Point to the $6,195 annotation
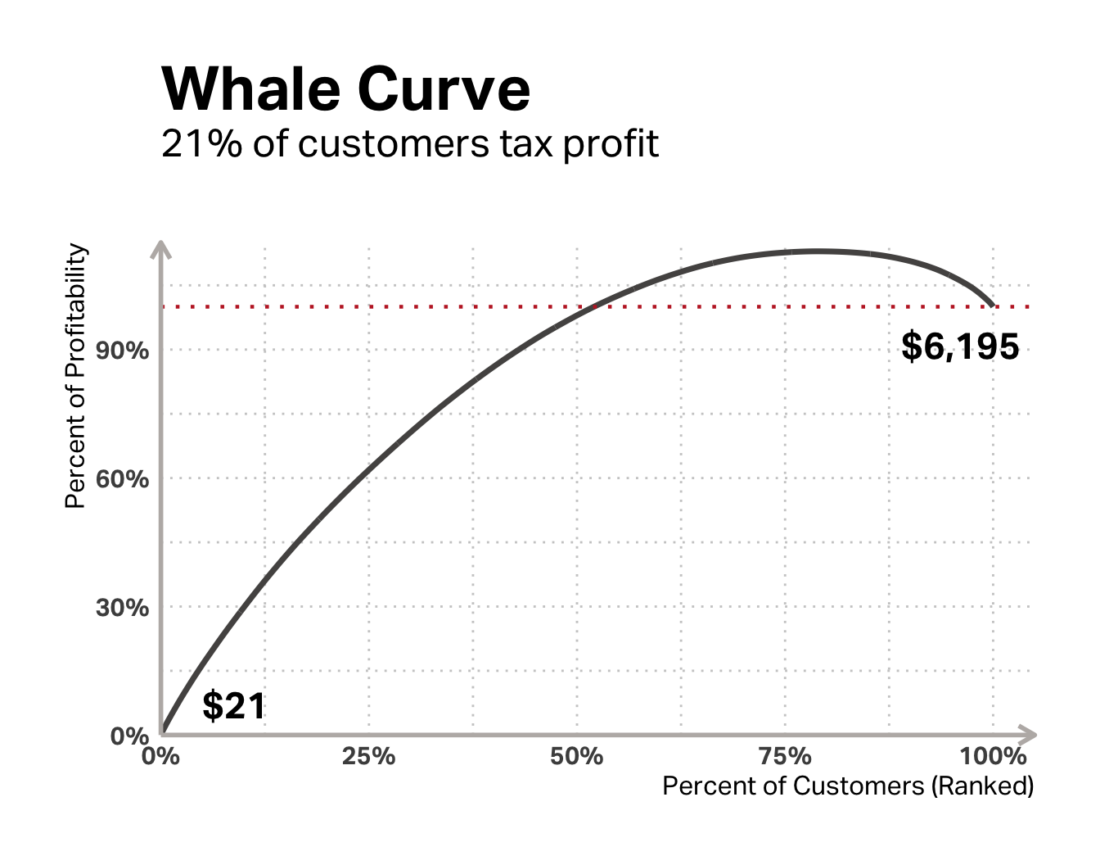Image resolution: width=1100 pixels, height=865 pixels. (960, 346)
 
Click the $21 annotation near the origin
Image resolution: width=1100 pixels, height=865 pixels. (234, 705)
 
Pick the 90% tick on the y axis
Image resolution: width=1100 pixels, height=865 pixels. (123, 351)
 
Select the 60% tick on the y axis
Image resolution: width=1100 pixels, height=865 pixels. (123, 479)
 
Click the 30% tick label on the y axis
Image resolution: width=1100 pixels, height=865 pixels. (123, 608)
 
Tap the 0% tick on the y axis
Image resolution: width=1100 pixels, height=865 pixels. (129, 735)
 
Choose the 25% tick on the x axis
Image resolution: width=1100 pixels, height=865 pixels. (368, 756)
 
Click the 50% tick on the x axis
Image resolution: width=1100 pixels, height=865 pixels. (577, 756)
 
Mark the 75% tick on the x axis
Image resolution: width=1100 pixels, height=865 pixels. (785, 756)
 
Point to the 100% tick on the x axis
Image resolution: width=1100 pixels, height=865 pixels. (993, 756)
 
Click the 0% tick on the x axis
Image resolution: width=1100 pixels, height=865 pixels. (160, 756)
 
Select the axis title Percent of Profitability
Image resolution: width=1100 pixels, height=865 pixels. (75, 376)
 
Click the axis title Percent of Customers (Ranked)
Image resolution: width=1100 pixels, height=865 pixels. (848, 786)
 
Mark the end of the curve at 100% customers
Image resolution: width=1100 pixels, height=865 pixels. (992, 306)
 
